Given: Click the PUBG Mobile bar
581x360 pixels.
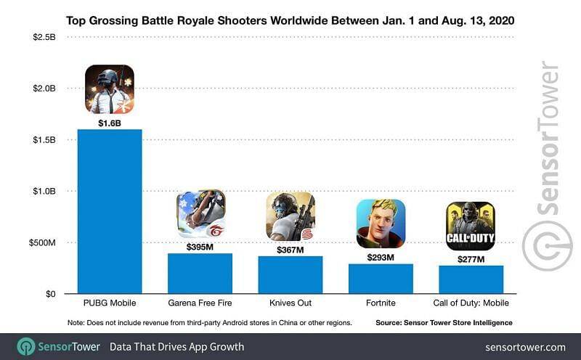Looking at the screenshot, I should tap(110, 211).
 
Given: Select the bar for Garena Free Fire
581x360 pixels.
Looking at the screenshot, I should tap(200, 274).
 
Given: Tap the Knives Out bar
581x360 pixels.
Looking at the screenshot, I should tap(290, 275).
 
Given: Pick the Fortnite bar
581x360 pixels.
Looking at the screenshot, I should tap(381, 279).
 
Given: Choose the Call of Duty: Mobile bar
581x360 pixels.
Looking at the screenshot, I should tap(471, 279).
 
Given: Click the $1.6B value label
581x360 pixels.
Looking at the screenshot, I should tap(110, 123).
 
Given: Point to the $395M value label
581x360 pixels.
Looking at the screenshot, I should tap(200, 247).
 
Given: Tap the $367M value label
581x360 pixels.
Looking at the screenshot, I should tap(290, 250).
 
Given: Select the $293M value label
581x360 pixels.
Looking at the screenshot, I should tap(381, 257).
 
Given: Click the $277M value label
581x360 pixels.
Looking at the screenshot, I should tap(471, 259).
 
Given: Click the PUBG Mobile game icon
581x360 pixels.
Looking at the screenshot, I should tap(110, 89).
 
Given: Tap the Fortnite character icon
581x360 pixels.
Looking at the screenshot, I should tap(381, 224).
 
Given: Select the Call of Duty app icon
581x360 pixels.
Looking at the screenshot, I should tap(471, 226).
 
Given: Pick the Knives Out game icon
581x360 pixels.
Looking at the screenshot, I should tap(290, 216).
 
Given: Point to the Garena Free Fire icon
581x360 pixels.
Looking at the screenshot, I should tap(200, 214).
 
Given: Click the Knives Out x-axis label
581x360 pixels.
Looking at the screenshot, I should tap(290, 303).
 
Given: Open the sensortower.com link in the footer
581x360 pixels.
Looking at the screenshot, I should tap(525, 346).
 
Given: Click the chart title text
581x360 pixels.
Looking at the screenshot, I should tap(290, 20).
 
